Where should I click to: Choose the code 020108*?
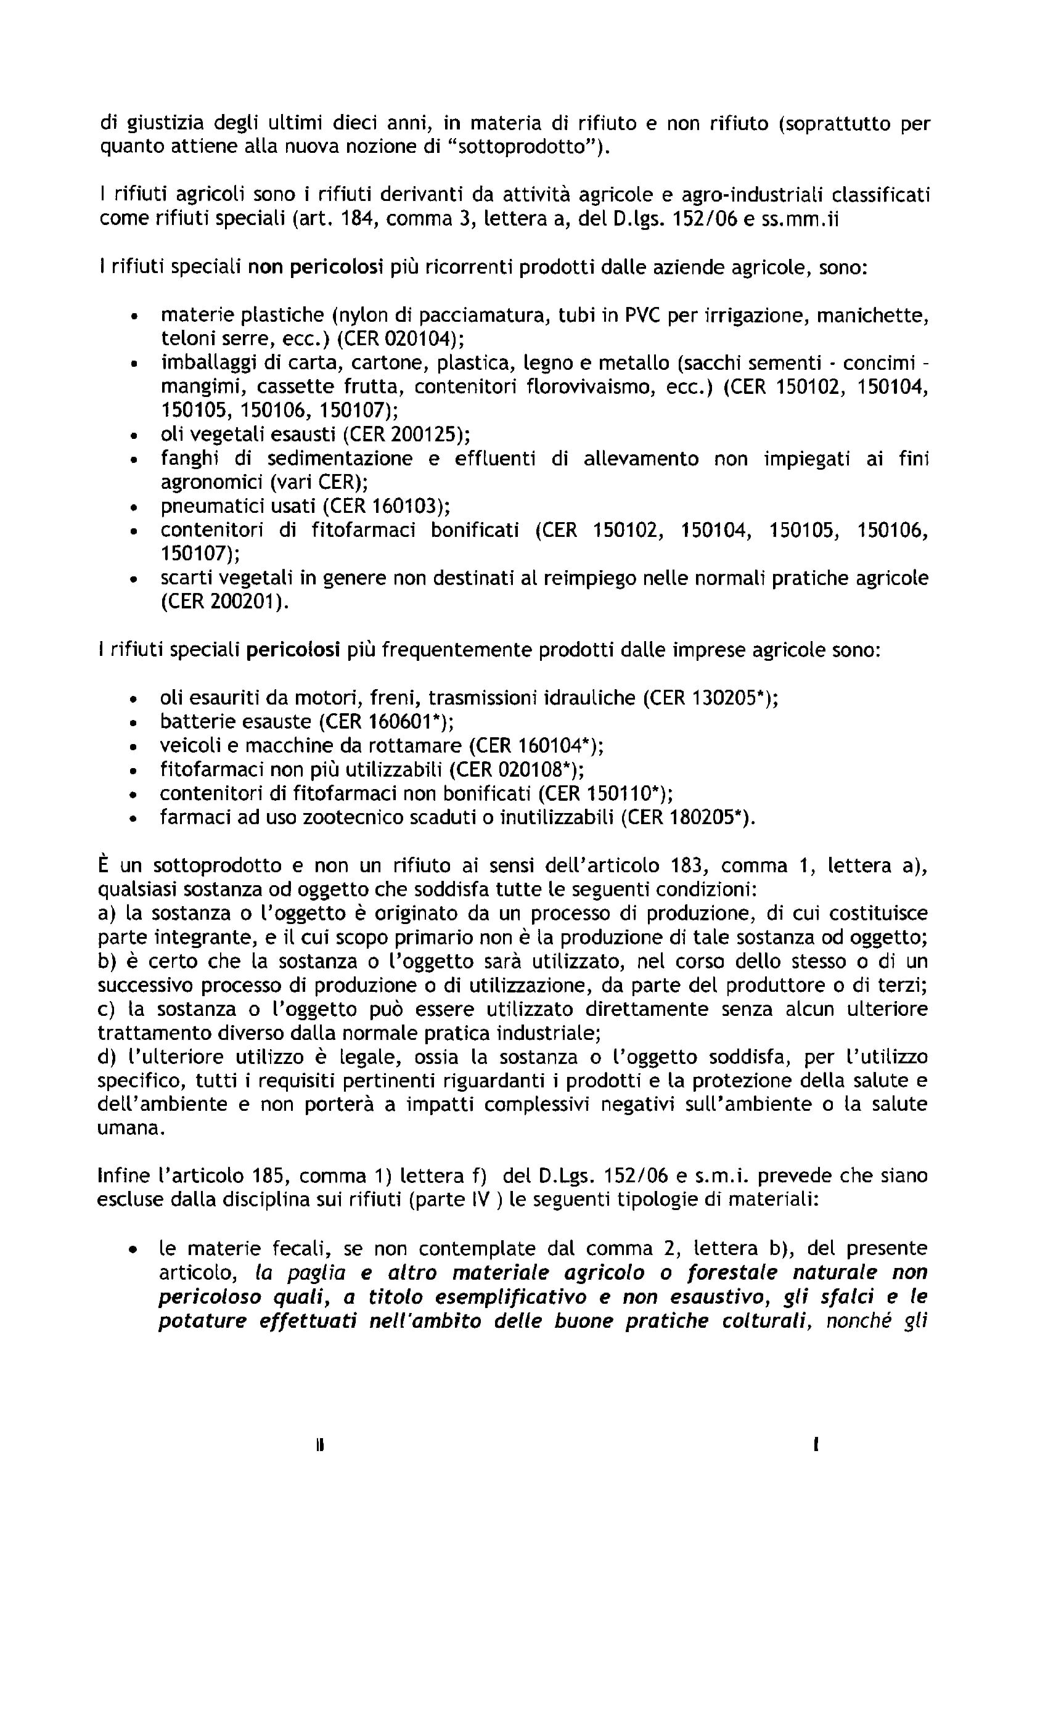535,769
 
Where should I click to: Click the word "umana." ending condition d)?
122,1128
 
